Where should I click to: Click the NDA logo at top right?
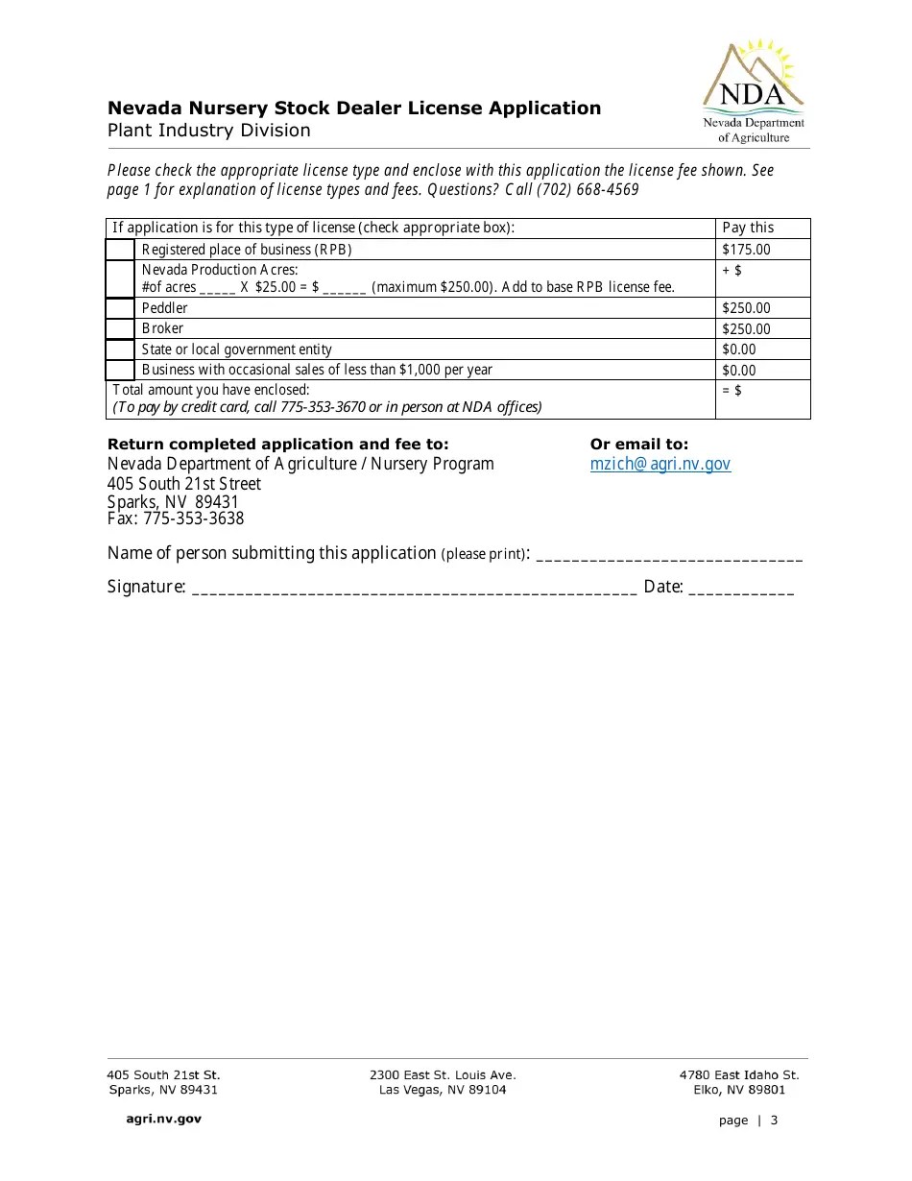[x=753, y=91]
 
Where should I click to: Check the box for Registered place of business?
[x=120, y=250]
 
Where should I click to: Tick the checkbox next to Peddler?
[x=120, y=308]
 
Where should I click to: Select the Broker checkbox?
[x=120, y=328]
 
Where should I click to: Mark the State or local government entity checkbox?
[x=120, y=349]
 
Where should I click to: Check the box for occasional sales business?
[x=120, y=370]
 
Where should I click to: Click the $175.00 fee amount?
[x=746, y=250]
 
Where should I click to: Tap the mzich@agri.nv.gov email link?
[x=660, y=464]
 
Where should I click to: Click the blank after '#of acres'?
[x=218, y=287]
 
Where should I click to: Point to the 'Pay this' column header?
[x=748, y=228]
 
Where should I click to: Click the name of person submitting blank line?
[x=668, y=554]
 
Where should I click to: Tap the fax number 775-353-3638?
[x=194, y=518]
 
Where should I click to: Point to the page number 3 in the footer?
[x=774, y=1121]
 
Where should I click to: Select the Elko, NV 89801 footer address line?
[x=739, y=1090]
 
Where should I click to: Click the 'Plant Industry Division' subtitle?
[x=208, y=131]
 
